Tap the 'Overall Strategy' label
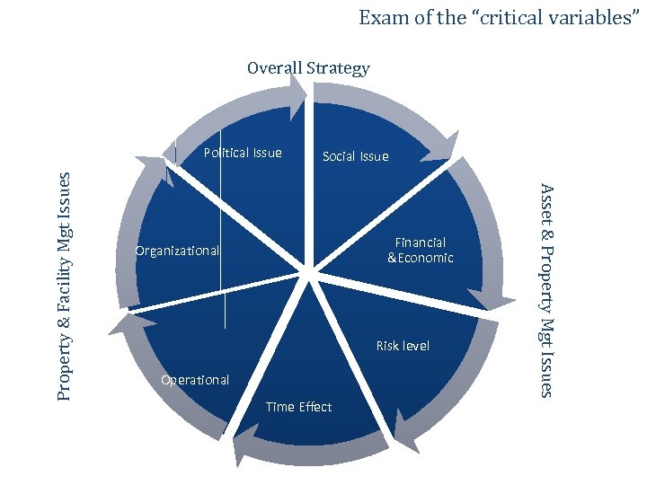pos(308,68)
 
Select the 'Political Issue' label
pos(243,153)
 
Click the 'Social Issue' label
pos(356,156)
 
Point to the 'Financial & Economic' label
pos(421,250)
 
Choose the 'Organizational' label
pos(176,251)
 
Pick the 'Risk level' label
pos(403,346)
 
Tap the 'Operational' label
pos(195,380)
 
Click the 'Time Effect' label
pos(299,407)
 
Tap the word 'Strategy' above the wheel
pos(337,68)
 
